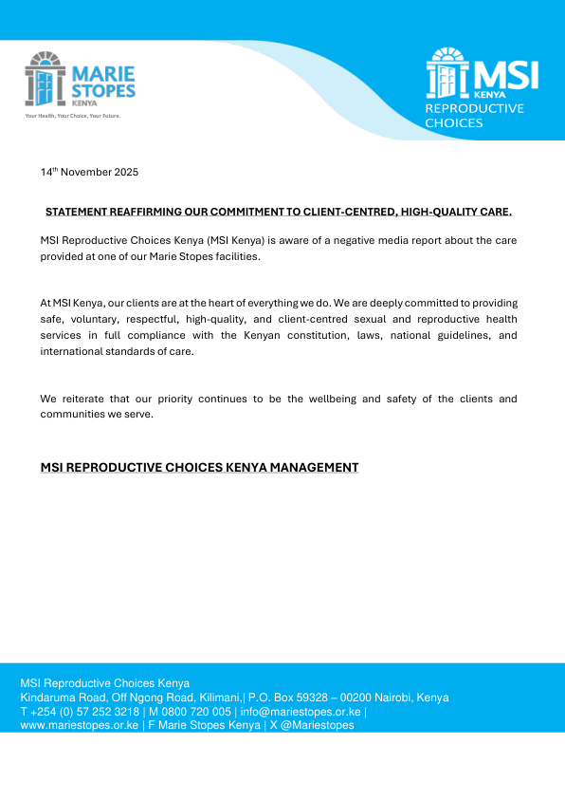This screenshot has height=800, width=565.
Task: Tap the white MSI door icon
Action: pos(448,74)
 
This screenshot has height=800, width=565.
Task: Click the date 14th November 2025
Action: pos(89,173)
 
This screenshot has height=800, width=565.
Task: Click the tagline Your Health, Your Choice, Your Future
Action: pos(73,116)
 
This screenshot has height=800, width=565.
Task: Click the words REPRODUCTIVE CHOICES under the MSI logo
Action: pos(473,116)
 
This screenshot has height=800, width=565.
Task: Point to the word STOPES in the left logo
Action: pos(104,90)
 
